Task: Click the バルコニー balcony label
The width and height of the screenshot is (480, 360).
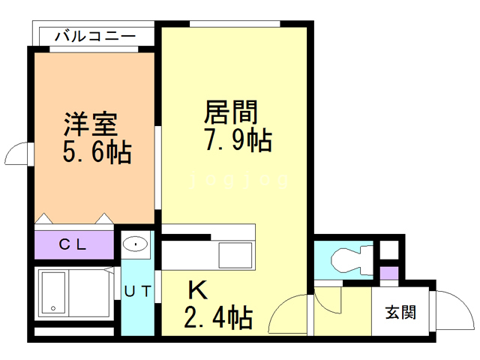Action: [x=95, y=35]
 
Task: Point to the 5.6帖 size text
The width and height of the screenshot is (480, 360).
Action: [x=97, y=153]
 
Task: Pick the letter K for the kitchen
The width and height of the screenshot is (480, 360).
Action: [x=196, y=289]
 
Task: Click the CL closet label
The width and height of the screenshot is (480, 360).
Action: [x=73, y=244]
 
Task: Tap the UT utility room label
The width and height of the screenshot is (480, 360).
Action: [x=137, y=291]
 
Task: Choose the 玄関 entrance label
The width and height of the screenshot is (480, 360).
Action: [x=401, y=311]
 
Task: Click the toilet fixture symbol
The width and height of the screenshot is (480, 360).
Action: [x=347, y=258]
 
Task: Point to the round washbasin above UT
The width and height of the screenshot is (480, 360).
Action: [x=136, y=244]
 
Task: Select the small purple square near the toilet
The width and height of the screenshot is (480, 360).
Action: [x=388, y=272]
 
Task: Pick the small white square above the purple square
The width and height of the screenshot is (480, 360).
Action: [x=388, y=250]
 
